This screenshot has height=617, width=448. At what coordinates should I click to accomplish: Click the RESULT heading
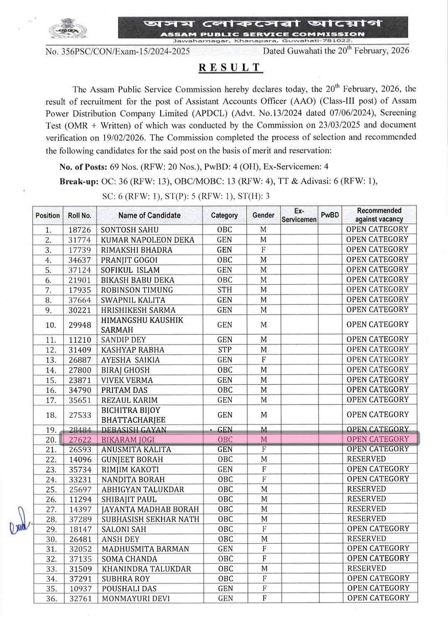click(230, 68)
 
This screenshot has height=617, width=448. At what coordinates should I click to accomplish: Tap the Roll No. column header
click(79, 215)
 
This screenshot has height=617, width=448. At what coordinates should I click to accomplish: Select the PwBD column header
click(330, 215)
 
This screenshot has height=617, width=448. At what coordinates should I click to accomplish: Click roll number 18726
click(79, 230)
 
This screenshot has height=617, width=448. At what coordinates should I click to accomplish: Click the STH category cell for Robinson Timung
click(225, 290)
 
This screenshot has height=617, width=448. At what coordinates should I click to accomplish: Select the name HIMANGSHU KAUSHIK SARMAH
click(142, 325)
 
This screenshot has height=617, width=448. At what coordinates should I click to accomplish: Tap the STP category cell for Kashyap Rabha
click(225, 350)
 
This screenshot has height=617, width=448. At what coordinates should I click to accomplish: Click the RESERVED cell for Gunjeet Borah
click(366, 459)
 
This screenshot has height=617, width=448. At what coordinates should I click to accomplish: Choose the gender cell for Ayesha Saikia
click(264, 360)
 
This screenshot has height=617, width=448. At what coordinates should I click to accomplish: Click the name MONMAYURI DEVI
click(135, 599)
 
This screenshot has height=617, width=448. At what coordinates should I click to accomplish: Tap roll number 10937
click(80, 589)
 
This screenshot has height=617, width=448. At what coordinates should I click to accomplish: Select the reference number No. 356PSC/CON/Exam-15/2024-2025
click(118, 51)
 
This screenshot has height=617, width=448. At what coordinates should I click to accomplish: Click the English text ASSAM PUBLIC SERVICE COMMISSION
click(262, 34)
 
